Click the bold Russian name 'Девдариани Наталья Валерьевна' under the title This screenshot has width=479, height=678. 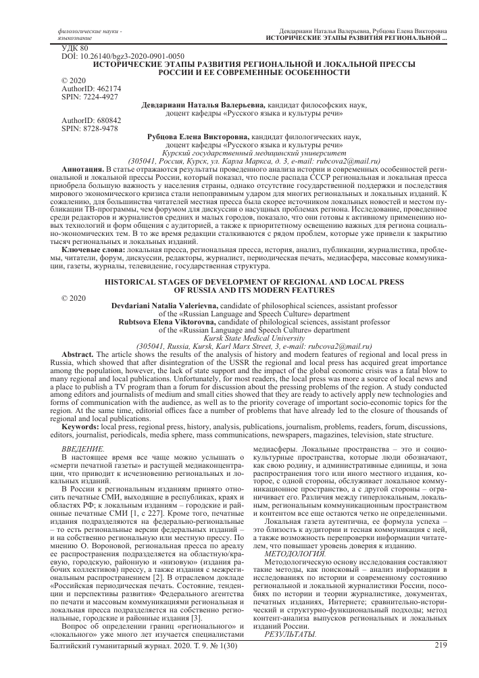(x=203, y=105)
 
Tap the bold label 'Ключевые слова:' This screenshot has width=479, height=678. (x=89, y=251)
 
